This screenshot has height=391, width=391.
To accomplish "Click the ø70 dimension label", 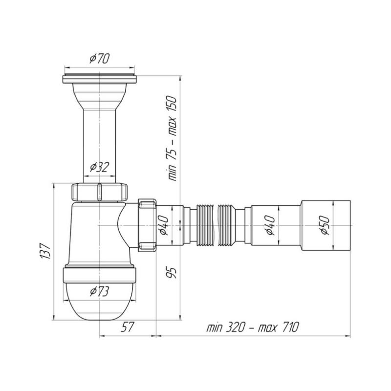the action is (100, 58).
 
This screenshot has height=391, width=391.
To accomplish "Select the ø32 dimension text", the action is (100, 167).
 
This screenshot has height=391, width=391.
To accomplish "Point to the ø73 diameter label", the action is (100, 291).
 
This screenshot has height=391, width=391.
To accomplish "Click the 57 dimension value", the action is (128, 327).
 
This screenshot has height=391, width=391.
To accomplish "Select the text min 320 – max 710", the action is (253, 327).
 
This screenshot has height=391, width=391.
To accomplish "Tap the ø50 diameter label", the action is (325, 225).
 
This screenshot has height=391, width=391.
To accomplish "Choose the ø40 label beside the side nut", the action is (164, 225).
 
